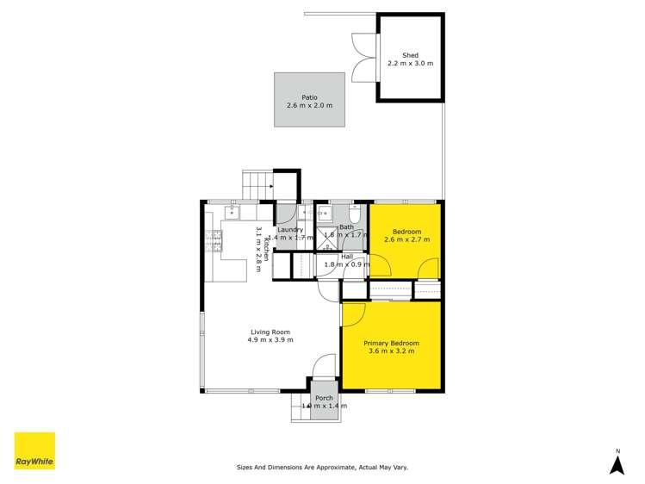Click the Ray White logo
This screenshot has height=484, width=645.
coord(34,451)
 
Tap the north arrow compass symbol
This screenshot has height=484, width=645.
coord(617,463)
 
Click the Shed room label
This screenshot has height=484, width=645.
coord(410,56)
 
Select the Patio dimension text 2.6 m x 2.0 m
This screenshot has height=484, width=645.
coord(309,106)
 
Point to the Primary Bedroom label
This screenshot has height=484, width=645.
coord(393,343)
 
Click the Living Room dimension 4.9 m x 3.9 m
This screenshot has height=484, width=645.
coord(270,339)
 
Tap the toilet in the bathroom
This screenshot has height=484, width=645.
coord(357,214)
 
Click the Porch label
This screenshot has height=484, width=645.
coord(324,398)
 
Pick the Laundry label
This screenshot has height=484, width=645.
coord(289,230)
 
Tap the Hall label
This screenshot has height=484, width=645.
coord(347,256)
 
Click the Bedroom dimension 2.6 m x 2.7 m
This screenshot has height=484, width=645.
coord(406,239)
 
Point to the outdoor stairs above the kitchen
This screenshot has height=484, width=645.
coord(257,183)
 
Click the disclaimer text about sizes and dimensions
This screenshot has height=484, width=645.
coord(322,468)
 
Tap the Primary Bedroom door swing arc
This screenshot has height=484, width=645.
coord(352,315)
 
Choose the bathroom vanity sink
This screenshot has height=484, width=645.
coord(325,212)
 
